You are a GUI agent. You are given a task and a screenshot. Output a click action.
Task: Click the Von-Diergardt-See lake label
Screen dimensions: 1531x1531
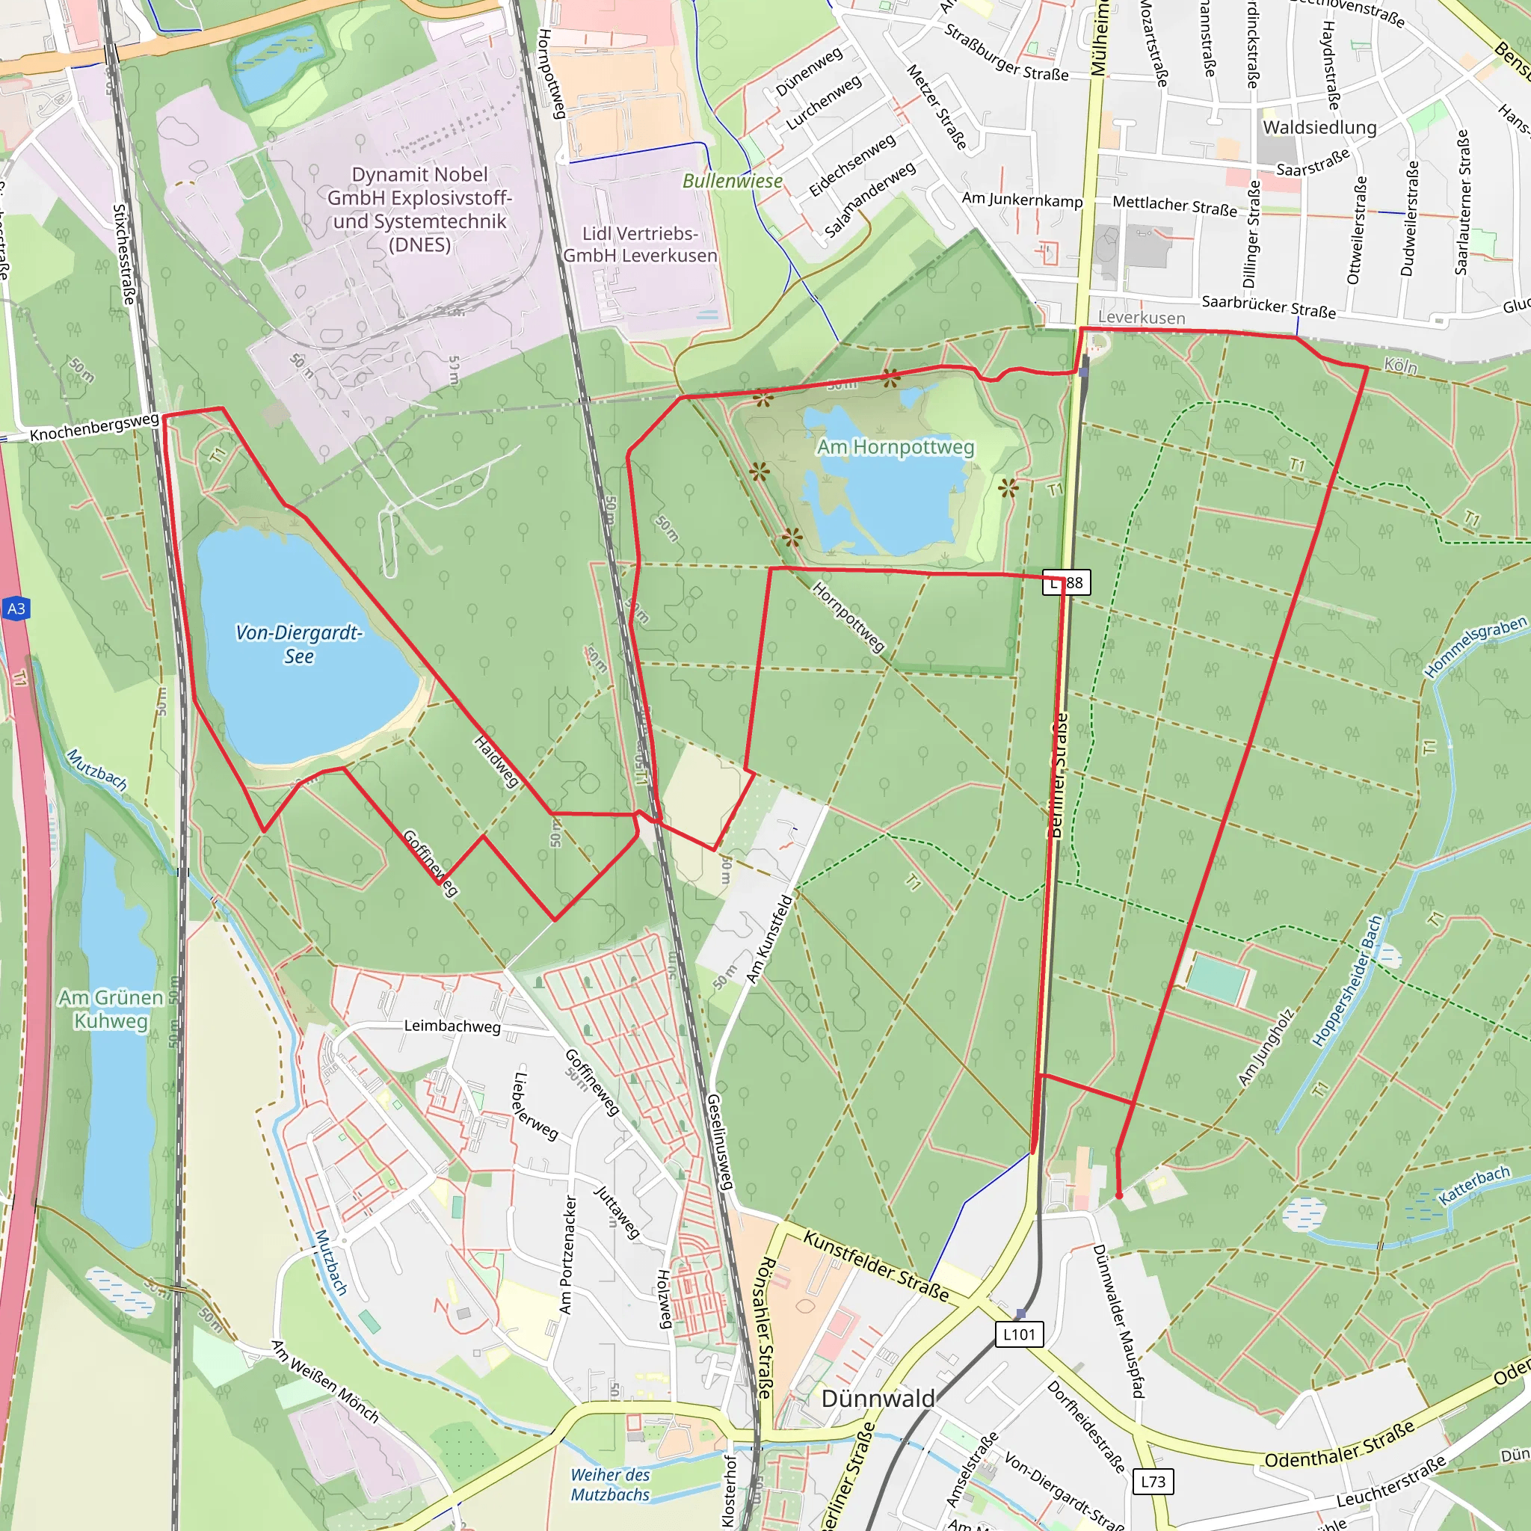(x=299, y=644)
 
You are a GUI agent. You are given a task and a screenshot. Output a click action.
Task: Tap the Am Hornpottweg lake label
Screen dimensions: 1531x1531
(x=896, y=448)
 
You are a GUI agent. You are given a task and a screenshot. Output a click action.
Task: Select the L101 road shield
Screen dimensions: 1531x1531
(x=1019, y=1334)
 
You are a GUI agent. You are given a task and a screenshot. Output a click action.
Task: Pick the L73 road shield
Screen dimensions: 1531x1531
(x=1153, y=1481)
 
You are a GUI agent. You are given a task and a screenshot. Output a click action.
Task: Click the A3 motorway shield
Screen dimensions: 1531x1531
(x=16, y=609)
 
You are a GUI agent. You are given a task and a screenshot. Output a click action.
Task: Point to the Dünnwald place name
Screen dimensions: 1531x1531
(x=878, y=1398)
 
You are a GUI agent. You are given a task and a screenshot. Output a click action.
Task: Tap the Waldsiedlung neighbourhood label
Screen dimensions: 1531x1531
(x=1319, y=128)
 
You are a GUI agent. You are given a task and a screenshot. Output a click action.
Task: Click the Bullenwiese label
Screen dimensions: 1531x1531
(x=732, y=182)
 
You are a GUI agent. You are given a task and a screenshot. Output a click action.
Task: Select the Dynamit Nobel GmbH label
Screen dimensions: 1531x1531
(x=419, y=209)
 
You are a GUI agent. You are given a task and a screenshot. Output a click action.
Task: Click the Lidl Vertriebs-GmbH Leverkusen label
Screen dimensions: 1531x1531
(x=639, y=244)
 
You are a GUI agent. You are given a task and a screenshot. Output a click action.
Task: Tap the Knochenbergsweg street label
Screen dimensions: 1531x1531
(x=94, y=427)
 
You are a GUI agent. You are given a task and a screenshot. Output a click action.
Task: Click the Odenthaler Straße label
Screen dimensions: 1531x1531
(x=1339, y=1444)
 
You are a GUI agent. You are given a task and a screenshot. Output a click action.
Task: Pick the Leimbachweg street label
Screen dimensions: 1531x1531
(x=452, y=1026)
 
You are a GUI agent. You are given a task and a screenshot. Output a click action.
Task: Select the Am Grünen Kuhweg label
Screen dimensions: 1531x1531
(x=111, y=1008)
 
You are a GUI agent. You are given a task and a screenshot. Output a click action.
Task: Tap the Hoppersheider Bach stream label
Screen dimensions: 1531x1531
(x=1347, y=982)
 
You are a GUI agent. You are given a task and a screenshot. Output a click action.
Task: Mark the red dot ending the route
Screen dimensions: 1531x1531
(x=1119, y=1196)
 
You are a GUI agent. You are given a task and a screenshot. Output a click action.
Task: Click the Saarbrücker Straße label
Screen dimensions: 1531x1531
(x=1269, y=306)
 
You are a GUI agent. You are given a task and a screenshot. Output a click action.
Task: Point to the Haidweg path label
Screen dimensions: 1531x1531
(x=497, y=762)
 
